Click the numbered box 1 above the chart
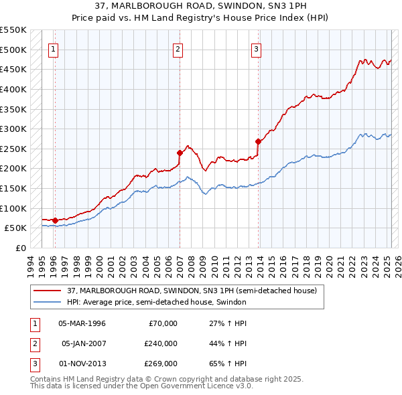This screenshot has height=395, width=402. click(53, 48)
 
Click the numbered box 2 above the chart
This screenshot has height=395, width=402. click(178, 48)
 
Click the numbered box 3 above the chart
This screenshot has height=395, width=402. click(256, 48)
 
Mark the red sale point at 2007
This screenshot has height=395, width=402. click(180, 153)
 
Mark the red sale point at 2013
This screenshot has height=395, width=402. click(258, 141)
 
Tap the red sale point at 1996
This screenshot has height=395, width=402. click(55, 220)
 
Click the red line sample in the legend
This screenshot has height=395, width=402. click(48, 291)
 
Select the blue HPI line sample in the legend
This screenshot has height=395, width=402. click(48, 302)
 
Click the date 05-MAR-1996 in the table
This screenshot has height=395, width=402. click(82, 323)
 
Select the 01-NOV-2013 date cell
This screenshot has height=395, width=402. click(82, 364)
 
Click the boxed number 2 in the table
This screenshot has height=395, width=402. click(34, 343)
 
